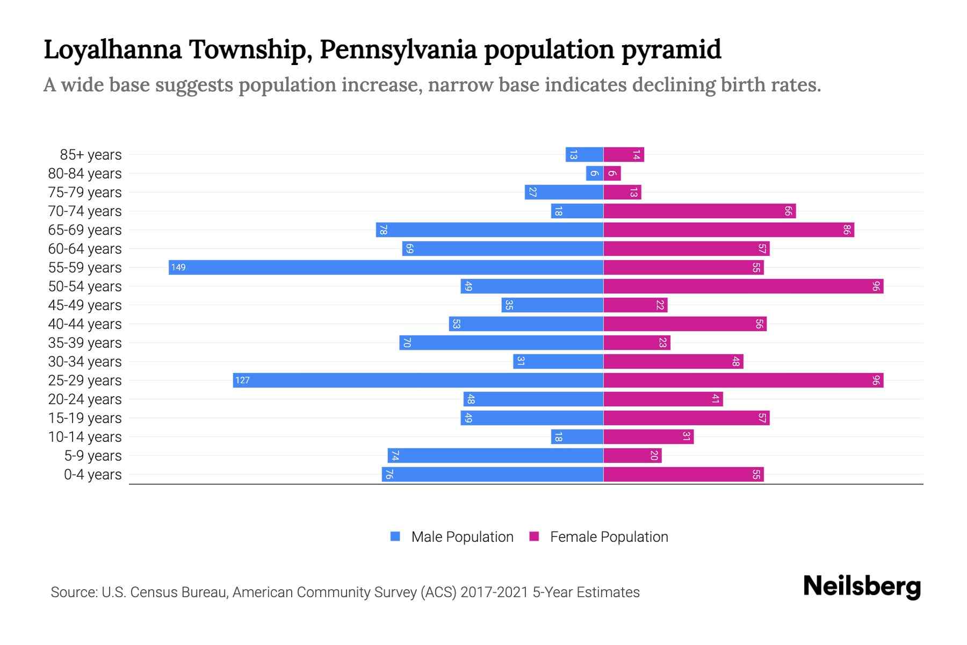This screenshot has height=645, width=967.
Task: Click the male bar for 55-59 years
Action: [386, 267]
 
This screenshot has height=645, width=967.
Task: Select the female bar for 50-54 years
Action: [743, 286]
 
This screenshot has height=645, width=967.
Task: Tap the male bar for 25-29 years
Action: [418, 380]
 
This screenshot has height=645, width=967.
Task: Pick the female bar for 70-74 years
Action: [699, 211]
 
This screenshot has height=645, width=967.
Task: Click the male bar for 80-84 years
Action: [595, 173]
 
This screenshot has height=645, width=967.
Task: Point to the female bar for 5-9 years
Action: [632, 455]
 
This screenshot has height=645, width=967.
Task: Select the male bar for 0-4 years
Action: [493, 474]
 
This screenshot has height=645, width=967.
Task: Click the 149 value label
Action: [178, 267]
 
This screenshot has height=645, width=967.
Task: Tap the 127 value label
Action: [242, 380]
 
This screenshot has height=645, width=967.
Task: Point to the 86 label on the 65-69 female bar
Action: [847, 230]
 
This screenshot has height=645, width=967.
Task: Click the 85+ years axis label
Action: [91, 155]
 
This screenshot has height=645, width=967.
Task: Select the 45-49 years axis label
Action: [85, 305]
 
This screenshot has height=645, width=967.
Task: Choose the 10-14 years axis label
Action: [85, 437]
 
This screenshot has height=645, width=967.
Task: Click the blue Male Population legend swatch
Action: [395, 536]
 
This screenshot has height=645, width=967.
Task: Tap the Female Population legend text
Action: [609, 537]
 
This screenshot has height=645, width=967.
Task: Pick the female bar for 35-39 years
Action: [637, 342]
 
